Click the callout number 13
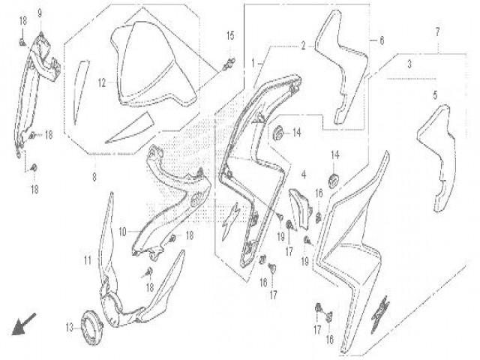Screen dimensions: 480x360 [x=70, y=328]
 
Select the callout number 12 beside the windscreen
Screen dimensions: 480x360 [x=102, y=83]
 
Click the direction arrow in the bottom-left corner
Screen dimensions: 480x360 [x=23, y=324]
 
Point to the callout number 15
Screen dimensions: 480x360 [x=230, y=36]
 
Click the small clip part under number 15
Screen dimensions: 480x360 [x=229, y=64]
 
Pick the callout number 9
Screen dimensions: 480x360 [x=40, y=13]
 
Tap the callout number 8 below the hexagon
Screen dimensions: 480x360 [x=94, y=177]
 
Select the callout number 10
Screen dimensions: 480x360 [x=122, y=232]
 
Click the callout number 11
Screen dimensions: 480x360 [x=88, y=261]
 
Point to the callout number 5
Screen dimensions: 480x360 [x=435, y=95]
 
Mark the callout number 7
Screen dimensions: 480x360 [x=437, y=31]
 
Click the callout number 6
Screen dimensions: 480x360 [x=382, y=40]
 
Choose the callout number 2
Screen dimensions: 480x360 [x=303, y=46]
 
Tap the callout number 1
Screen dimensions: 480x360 [x=253, y=63]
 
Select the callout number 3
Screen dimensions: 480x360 [x=409, y=64]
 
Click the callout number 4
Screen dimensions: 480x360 [x=304, y=175]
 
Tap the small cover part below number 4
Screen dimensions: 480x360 [x=301, y=208]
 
